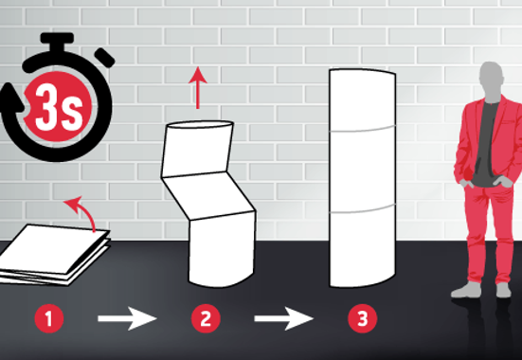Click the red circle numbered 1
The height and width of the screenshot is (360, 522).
click(x=49, y=318)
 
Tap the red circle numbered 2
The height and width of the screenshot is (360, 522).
click(x=206, y=318)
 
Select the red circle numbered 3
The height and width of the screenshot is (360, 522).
click(x=363, y=318)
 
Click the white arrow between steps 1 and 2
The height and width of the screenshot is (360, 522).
click(x=127, y=318)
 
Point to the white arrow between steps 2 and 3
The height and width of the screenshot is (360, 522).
click(x=283, y=318)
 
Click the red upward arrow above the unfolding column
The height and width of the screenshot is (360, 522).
click(x=198, y=87)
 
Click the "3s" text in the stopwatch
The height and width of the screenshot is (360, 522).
click(x=59, y=107)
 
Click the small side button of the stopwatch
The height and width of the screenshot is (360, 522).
click(x=104, y=58)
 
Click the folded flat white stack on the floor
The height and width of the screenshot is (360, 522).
click(x=53, y=255)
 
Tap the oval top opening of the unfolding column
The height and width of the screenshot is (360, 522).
click(x=200, y=125)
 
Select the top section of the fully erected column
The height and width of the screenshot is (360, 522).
click(x=362, y=100)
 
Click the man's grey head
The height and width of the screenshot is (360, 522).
click(x=491, y=80)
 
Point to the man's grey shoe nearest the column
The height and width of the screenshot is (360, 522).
click(x=466, y=290)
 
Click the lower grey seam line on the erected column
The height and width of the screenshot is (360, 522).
click(x=362, y=209)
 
